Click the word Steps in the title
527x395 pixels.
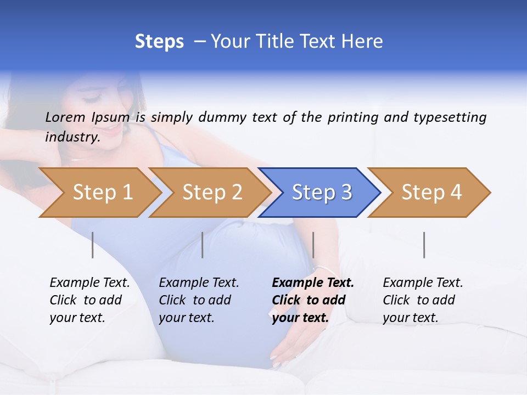[159, 42]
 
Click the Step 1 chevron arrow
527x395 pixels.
[99, 193]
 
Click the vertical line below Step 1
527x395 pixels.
[93, 245]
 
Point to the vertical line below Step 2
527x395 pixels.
[203, 245]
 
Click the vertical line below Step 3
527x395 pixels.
[313, 245]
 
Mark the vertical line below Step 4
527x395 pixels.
[424, 245]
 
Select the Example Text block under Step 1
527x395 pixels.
[89, 300]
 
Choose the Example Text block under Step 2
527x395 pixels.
[199, 300]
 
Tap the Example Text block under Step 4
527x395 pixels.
[423, 300]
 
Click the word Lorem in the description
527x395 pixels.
[65, 117]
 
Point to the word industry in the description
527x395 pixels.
[72, 137]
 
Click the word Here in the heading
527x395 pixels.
[362, 42]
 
